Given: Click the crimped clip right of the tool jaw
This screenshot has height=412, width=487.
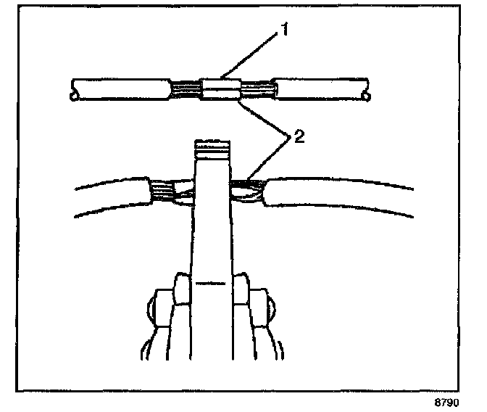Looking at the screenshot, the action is pyautogui.click(x=248, y=191).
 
